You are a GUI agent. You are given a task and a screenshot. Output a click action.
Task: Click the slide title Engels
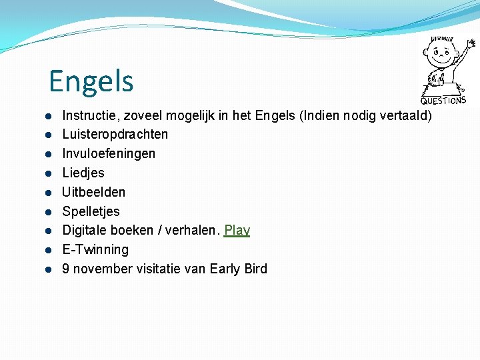[91, 81]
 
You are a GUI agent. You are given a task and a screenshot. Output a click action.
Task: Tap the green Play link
[237, 231]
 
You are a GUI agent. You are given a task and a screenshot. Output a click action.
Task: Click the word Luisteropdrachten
[115, 134]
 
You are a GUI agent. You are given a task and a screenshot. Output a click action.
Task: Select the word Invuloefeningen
[109, 153]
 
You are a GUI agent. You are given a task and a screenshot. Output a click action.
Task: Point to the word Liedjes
[83, 173]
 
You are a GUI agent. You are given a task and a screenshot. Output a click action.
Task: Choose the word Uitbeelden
[93, 192]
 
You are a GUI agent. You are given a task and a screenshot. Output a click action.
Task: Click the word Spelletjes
[91, 211]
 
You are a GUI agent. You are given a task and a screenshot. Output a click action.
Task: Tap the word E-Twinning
[95, 250]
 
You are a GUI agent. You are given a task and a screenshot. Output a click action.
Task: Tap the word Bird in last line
[255, 269]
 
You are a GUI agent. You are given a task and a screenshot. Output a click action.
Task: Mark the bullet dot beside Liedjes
[49, 173]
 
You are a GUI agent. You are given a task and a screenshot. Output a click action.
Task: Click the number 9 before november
[66, 269]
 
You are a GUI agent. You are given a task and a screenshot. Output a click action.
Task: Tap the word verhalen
[194, 231]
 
